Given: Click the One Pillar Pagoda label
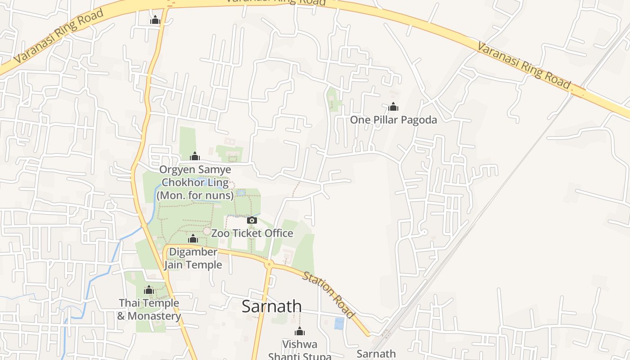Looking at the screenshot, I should point(393,120).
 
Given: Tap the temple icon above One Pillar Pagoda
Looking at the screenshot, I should point(393,107).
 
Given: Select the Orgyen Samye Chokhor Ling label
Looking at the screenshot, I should point(195,183).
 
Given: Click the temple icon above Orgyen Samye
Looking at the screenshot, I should point(195,156).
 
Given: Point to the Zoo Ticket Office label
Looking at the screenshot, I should point(252,233).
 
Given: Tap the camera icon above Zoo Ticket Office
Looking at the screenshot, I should point(252,220).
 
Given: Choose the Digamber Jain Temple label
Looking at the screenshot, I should point(193,258).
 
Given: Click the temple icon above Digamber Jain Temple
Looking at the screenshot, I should point(193,238).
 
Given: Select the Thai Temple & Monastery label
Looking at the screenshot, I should point(149,310).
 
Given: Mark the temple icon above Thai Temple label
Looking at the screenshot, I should point(149,290).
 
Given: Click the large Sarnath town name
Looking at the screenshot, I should point(272,306).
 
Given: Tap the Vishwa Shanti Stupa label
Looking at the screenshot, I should point(300,350).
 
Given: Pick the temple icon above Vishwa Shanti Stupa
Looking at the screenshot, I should point(300,332).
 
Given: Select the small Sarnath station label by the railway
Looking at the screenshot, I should point(376,354).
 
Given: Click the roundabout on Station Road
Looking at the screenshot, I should point(269,264).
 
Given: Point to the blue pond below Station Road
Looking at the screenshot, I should point(339,323).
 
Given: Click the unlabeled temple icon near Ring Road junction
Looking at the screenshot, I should point(155,20).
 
